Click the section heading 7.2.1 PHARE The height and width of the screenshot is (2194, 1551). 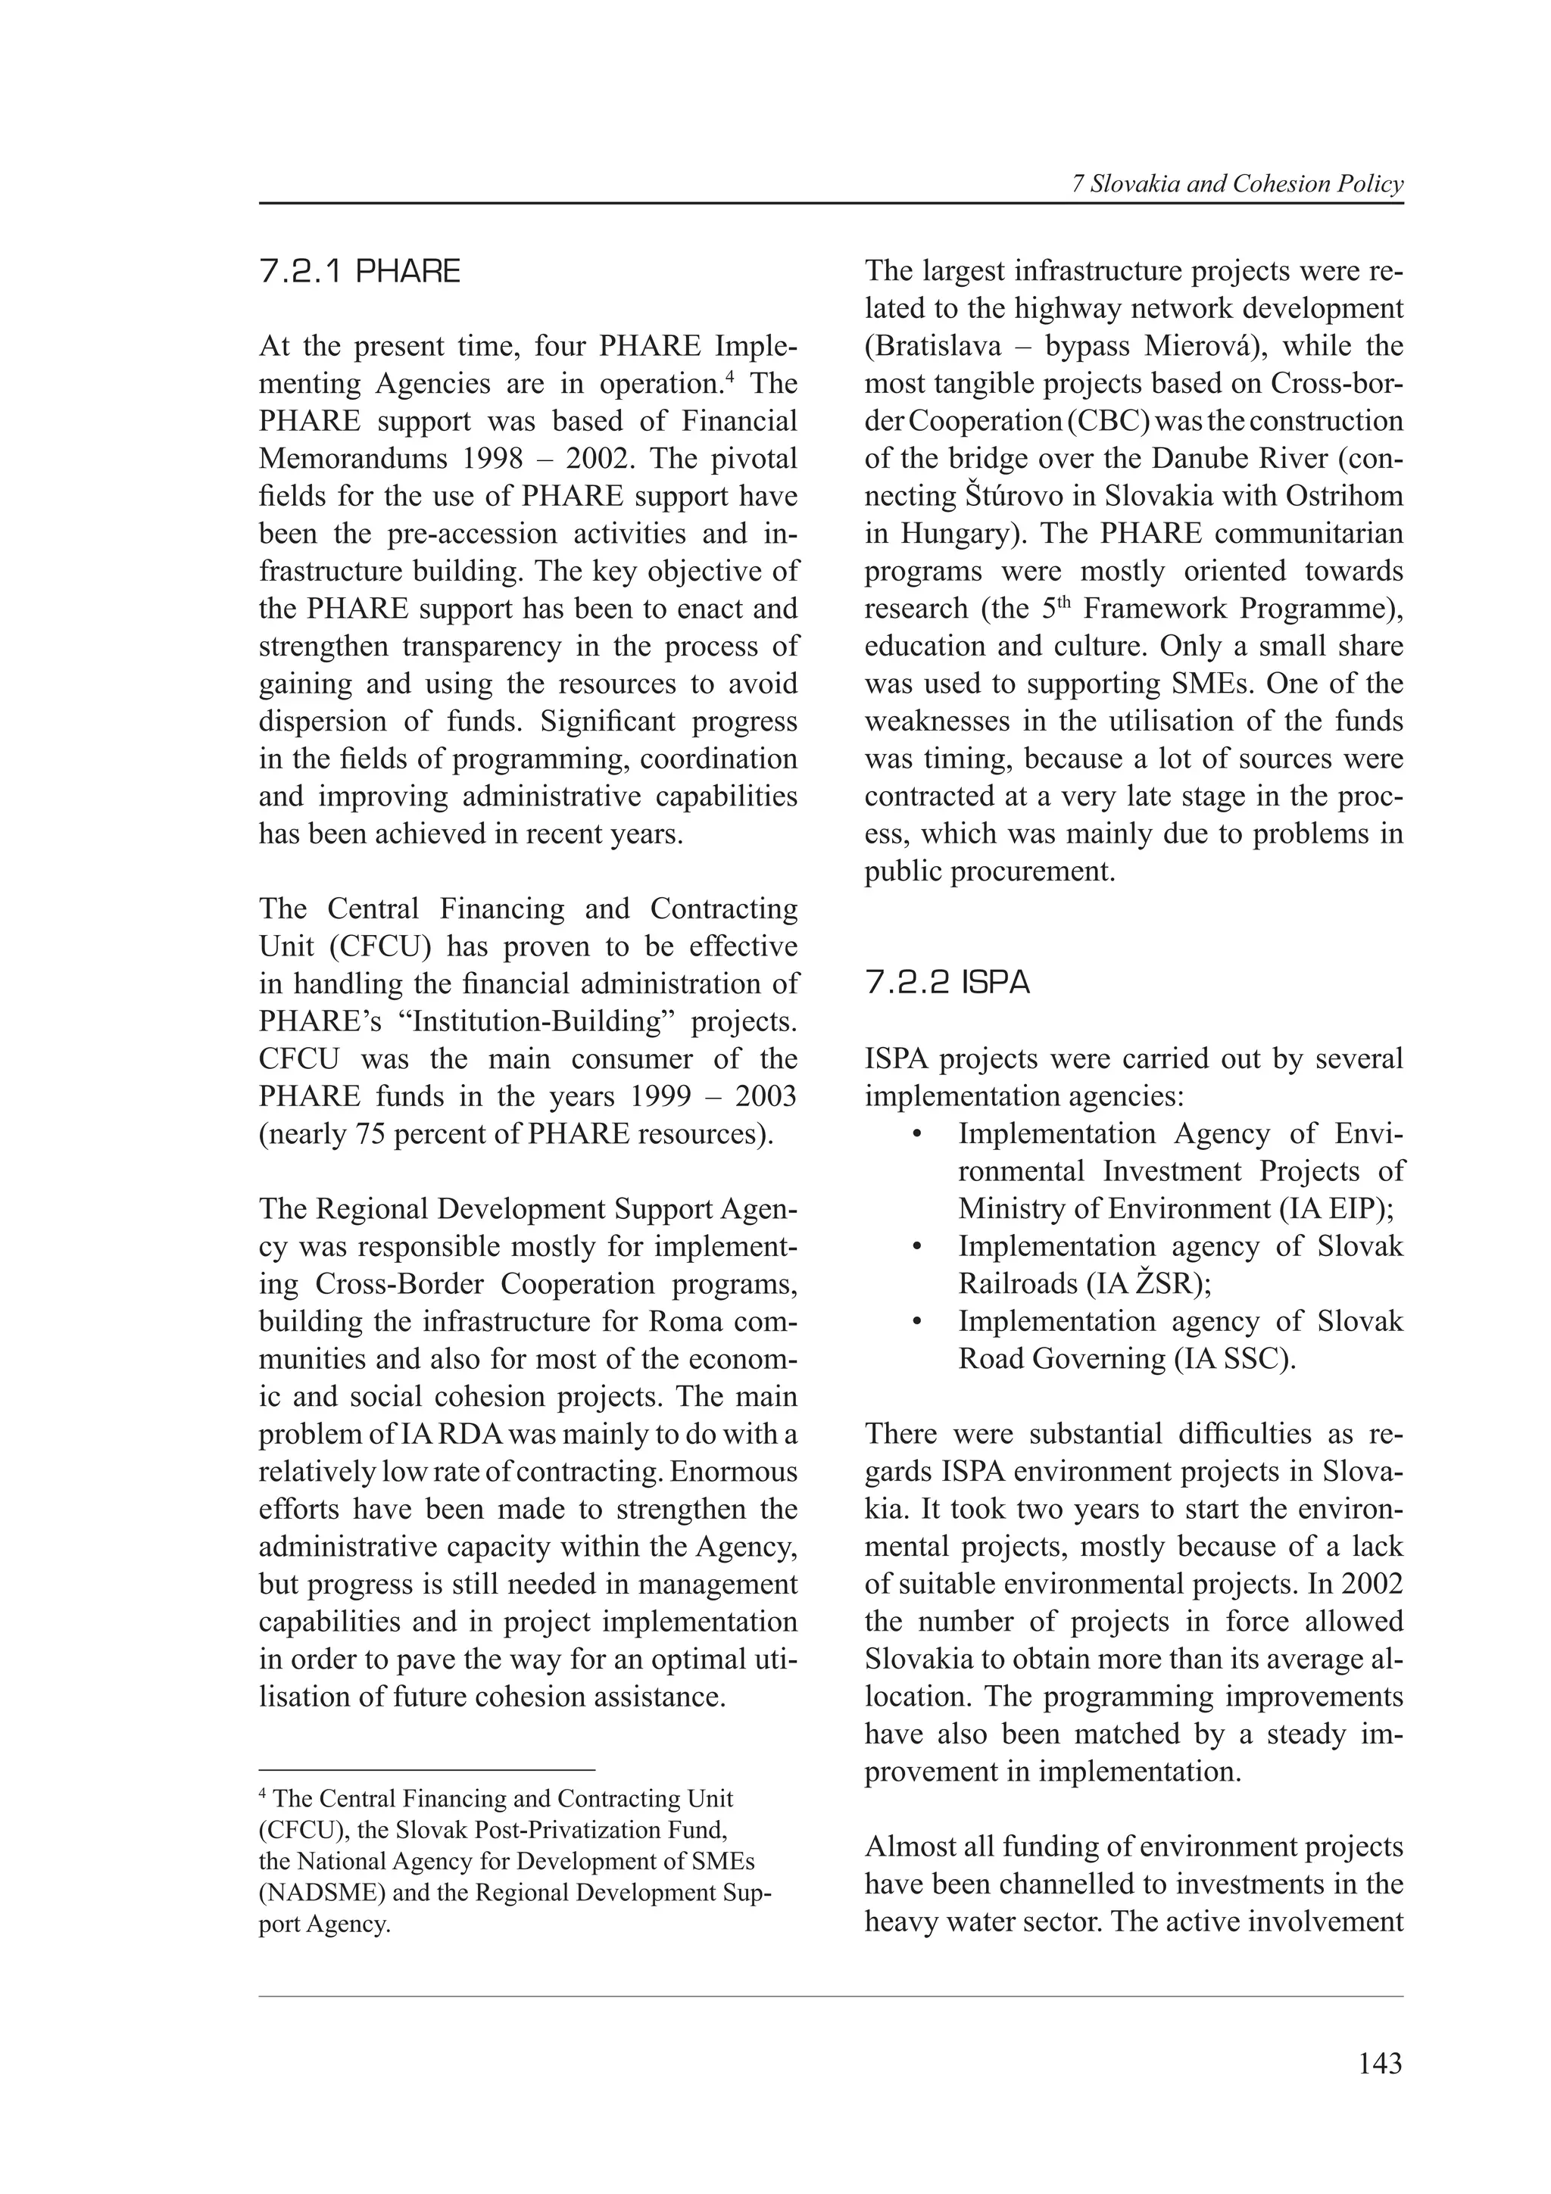point(359,273)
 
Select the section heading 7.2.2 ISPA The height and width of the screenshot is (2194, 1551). point(947,983)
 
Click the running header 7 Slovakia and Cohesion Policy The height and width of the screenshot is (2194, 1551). point(1237,185)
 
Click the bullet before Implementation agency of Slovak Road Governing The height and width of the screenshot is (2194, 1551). point(916,1323)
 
